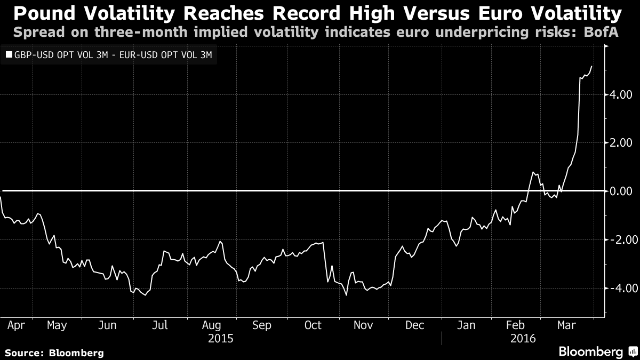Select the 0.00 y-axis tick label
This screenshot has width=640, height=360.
coord(621,191)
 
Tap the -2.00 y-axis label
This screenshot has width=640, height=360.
coord(619,239)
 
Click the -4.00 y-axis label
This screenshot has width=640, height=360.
coord(619,288)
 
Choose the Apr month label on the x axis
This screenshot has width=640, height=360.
coord(10,325)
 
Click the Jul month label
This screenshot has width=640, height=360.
coord(160,325)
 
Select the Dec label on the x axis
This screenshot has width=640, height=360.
coord(414,325)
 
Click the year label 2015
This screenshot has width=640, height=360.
coord(221,338)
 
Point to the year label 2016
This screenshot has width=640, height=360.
coord(523,338)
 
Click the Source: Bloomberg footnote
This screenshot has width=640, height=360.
coord(54,353)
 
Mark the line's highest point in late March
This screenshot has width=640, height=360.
coord(591,66)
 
